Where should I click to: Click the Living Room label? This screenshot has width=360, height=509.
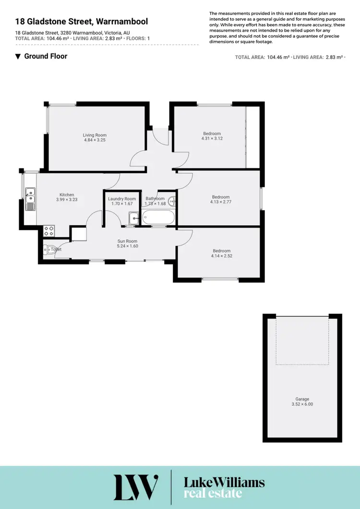pyautogui.click(x=95, y=135)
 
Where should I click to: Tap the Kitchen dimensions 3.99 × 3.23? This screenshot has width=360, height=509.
pyautogui.click(x=67, y=200)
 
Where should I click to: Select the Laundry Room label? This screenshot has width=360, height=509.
pyautogui.click(x=122, y=199)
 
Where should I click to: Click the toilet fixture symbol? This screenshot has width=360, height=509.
pyautogui.click(x=48, y=249)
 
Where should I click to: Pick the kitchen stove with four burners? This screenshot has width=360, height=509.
pyautogui.click(x=49, y=230)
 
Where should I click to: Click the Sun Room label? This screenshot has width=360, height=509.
pyautogui.click(x=128, y=241)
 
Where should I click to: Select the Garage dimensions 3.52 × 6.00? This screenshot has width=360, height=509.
pyautogui.click(x=302, y=404)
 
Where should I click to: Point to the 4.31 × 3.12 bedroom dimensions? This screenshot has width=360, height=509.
pyautogui.click(x=212, y=138)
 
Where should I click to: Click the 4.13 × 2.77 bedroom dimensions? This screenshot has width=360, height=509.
pyautogui.click(x=221, y=201)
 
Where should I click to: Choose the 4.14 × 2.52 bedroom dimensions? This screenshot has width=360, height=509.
pyautogui.click(x=222, y=256)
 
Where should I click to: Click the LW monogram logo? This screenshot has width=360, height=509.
pyautogui.click(x=136, y=487)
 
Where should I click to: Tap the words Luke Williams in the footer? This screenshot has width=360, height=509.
pyautogui.click(x=224, y=482)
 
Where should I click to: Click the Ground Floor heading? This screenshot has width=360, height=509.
pyautogui.click(x=46, y=56)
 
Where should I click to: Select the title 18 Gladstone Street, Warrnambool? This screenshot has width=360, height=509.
pyautogui.click(x=82, y=22)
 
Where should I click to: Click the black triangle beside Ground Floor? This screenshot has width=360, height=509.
pyautogui.click(x=18, y=57)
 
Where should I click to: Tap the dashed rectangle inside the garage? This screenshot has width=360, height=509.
pyautogui.click(x=302, y=341)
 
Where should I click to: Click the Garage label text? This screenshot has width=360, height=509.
pyautogui.click(x=302, y=399)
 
